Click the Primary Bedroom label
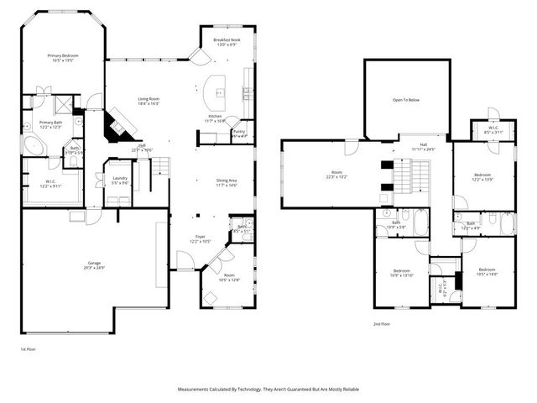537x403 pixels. click(x=63, y=59)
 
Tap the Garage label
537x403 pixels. click(x=94, y=266)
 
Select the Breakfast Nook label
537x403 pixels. click(x=224, y=42)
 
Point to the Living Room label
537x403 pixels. click(x=149, y=101)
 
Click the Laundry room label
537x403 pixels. click(x=117, y=179)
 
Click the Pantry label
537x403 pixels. click(x=238, y=133)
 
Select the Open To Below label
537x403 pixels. click(x=405, y=100)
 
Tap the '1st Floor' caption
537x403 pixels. click(x=29, y=348)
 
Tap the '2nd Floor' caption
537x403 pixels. click(x=383, y=323)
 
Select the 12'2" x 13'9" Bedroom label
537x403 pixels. click(x=481, y=177)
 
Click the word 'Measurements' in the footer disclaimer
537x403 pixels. click(x=196, y=390)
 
